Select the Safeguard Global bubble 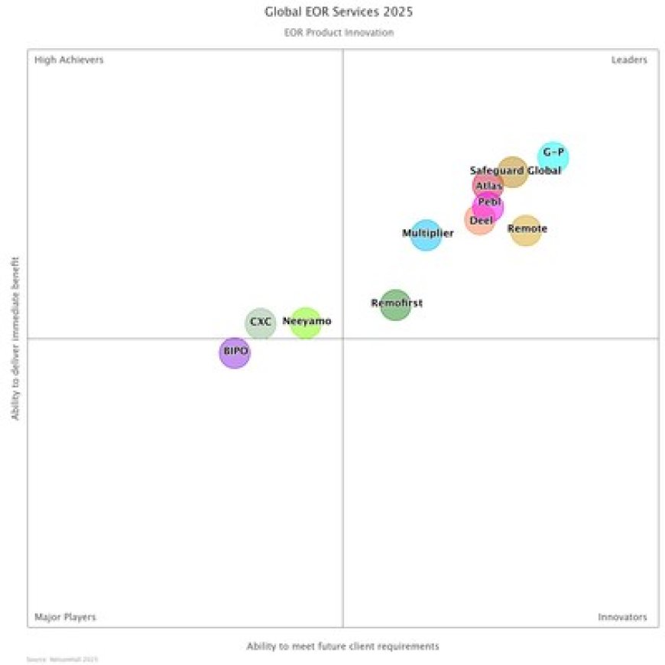[513, 171]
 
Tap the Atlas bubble [488, 186]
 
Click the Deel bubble [480, 220]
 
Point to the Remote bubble [526, 230]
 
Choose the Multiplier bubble [427, 234]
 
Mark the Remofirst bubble [395, 304]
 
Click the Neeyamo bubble [306, 323]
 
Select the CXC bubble [261, 323]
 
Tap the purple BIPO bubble [235, 352]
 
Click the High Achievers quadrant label [69, 60]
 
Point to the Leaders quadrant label [628, 60]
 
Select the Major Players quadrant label [65, 617]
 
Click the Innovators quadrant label [622, 617]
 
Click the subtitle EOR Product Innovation [339, 33]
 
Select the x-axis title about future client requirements [342, 647]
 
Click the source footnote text [62, 659]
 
